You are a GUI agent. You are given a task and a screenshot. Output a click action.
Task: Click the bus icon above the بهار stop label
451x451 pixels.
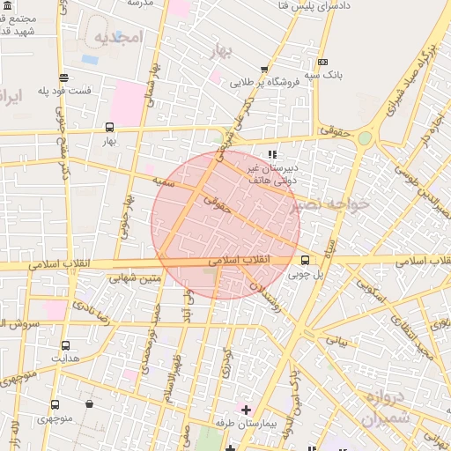click(109, 127)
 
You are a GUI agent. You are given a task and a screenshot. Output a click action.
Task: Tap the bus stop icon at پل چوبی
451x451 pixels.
click(305, 260)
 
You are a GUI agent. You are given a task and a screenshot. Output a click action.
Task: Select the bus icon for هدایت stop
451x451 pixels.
click(65, 345)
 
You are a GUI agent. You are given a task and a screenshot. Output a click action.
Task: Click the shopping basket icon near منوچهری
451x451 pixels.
click(90, 403)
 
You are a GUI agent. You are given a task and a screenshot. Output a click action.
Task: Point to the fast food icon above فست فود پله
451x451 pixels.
click(63, 78)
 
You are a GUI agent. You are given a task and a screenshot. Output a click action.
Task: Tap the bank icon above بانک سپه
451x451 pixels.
click(322, 62)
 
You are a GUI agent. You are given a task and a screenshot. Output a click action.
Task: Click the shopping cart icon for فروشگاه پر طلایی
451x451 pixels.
click(263, 70)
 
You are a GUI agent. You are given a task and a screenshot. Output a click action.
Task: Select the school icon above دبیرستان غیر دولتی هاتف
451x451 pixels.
click(271, 155)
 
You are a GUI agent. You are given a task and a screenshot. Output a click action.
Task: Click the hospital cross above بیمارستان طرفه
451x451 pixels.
click(246, 410)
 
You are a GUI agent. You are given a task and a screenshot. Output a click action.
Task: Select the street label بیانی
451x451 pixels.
click(337, 337)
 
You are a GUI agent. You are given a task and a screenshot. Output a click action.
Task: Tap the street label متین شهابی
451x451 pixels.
click(135, 279)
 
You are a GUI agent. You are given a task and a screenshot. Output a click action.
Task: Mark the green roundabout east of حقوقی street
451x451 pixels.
click(365, 137)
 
